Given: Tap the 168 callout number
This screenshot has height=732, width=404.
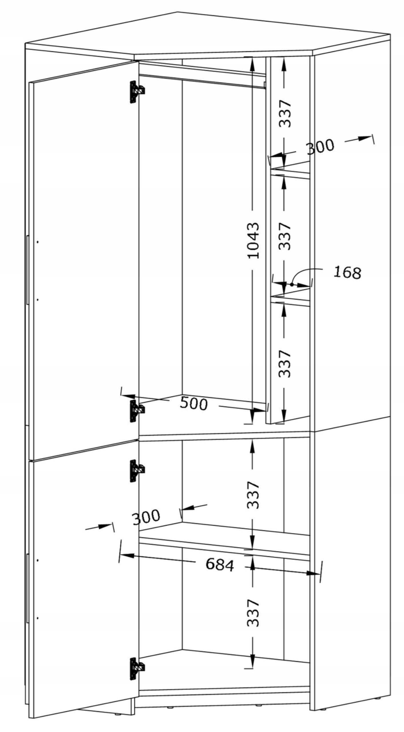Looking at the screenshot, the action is click(x=347, y=272).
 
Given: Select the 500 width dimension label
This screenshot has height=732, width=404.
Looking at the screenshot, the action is click(x=194, y=403).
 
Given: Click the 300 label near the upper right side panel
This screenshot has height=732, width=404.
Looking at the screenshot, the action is click(x=320, y=146).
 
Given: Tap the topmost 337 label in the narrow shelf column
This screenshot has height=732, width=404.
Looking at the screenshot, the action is click(x=285, y=113).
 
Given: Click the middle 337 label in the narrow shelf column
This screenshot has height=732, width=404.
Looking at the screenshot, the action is click(x=285, y=236).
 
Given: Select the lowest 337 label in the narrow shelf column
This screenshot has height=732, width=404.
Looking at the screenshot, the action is click(x=285, y=363).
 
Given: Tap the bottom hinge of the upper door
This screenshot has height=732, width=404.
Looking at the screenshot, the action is click(x=137, y=411).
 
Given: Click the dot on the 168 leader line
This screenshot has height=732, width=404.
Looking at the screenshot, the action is click(x=292, y=285).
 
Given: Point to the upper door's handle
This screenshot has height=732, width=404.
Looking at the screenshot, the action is click(x=27, y=270).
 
